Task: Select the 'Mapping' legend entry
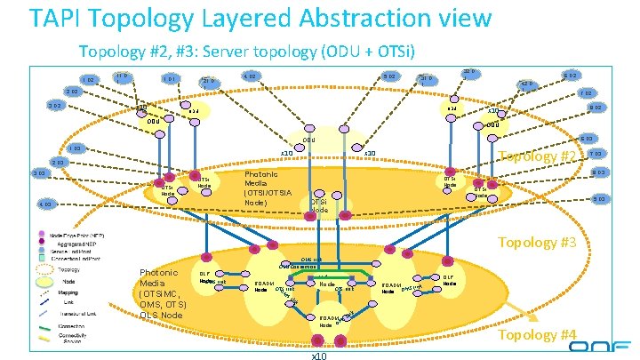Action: [x=72, y=290]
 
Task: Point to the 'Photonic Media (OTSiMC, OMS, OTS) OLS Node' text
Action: [x=160, y=293]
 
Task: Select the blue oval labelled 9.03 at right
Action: [x=599, y=198]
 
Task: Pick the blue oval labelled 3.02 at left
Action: [x=54, y=107]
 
